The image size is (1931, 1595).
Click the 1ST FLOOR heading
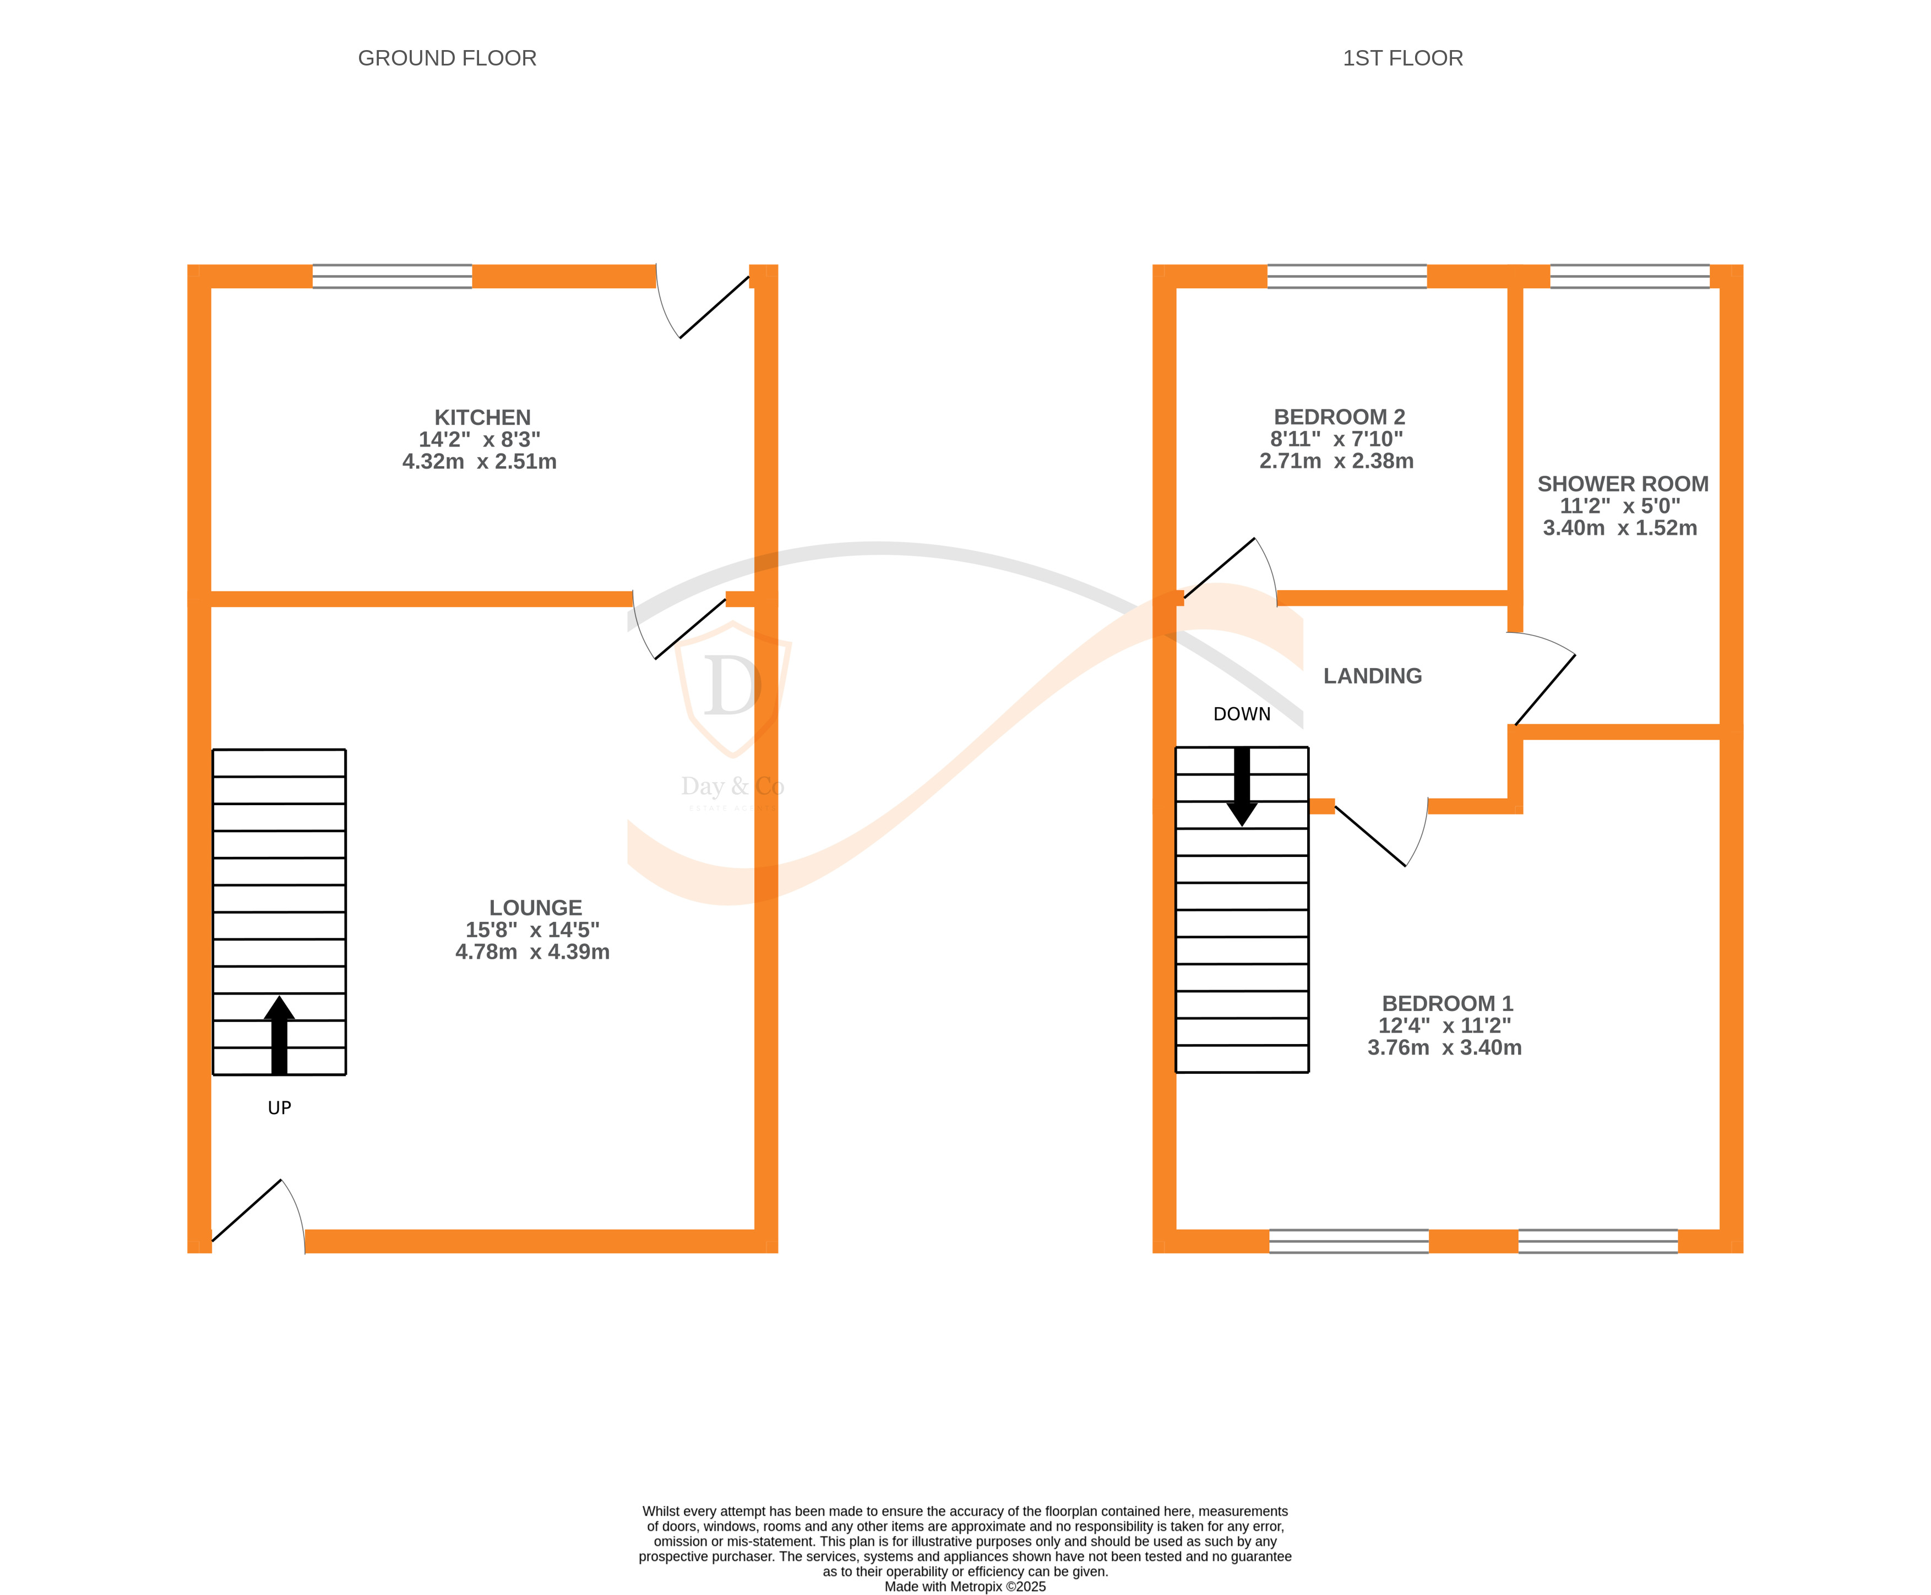pyautogui.click(x=1402, y=58)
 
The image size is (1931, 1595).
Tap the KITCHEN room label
pyautogui.click(x=482, y=417)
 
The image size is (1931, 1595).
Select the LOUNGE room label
pyautogui.click(x=535, y=908)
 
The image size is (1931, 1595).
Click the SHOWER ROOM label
pyautogui.click(x=1622, y=484)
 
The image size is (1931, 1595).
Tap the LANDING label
pyautogui.click(x=1372, y=676)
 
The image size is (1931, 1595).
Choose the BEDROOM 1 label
pyautogui.click(x=1446, y=1003)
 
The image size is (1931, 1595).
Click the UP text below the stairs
pyautogui.click(x=279, y=1108)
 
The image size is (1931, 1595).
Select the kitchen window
pyautogui.click(x=393, y=276)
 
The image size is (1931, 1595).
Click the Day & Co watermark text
pyautogui.click(x=732, y=786)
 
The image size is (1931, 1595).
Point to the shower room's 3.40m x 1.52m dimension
pyautogui.click(x=1619, y=528)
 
